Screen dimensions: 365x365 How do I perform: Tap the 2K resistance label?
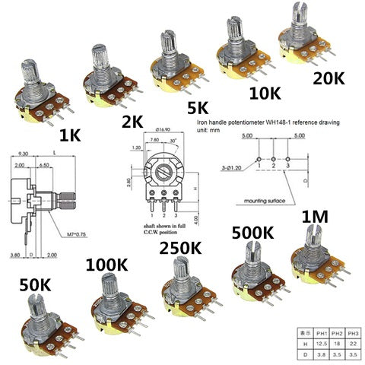[134, 119]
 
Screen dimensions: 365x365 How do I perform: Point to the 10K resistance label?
[265, 93]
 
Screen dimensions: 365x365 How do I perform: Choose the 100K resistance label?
[108, 265]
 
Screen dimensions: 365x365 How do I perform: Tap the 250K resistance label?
[180, 248]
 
